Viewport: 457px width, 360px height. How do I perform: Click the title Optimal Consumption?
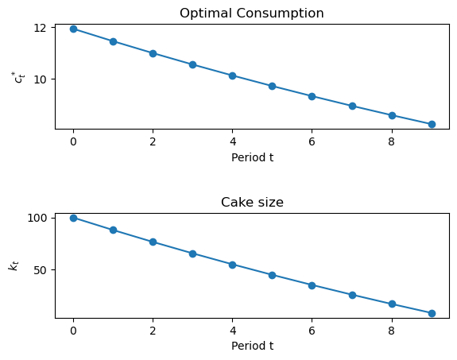(x=252, y=13)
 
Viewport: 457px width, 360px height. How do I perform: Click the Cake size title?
(x=252, y=202)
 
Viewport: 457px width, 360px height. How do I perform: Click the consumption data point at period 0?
(x=73, y=29)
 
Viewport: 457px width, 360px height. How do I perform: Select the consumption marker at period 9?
(x=432, y=124)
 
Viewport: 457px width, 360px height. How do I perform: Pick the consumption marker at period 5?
(x=272, y=86)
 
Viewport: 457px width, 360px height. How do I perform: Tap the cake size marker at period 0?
(x=73, y=218)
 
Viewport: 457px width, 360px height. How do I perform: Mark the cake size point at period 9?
(x=432, y=313)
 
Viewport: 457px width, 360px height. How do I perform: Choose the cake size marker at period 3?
(x=192, y=254)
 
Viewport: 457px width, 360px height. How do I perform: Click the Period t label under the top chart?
(x=252, y=157)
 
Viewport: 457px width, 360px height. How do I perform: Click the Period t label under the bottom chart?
(x=252, y=346)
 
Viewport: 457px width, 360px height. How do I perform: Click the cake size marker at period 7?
(x=352, y=295)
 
